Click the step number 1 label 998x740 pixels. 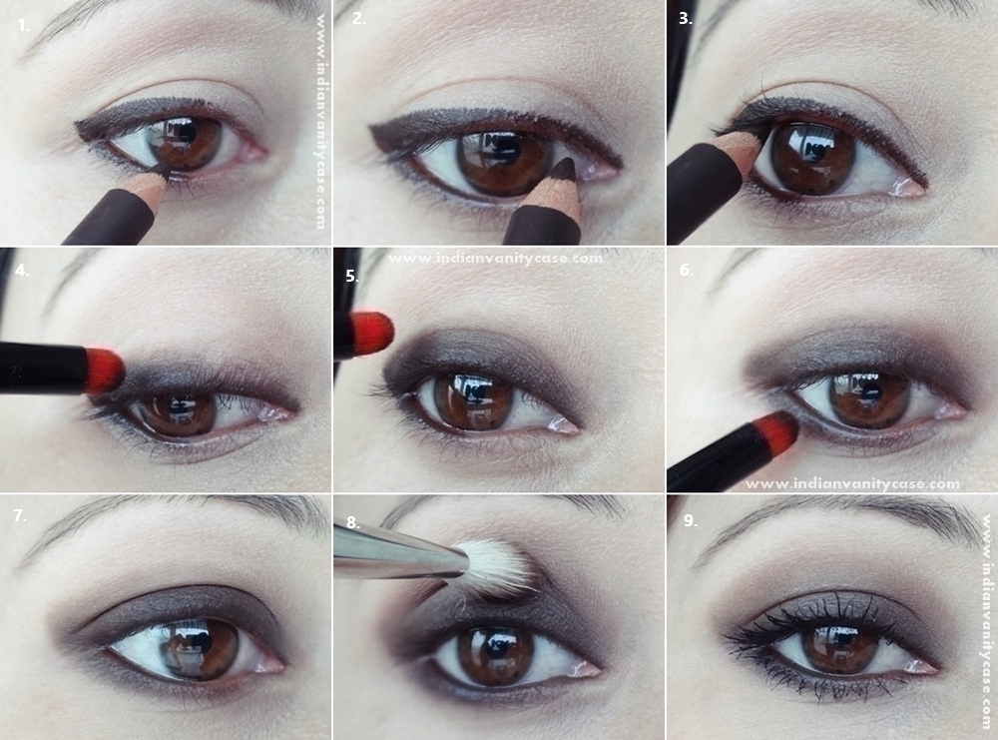point(24,26)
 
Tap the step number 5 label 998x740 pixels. point(352,276)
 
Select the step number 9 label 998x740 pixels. point(691,520)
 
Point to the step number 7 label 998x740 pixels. point(20,515)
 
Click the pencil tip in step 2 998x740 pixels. point(563,170)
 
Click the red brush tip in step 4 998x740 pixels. point(105,370)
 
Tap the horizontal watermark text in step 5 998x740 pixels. point(495,259)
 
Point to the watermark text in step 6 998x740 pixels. point(852,484)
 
